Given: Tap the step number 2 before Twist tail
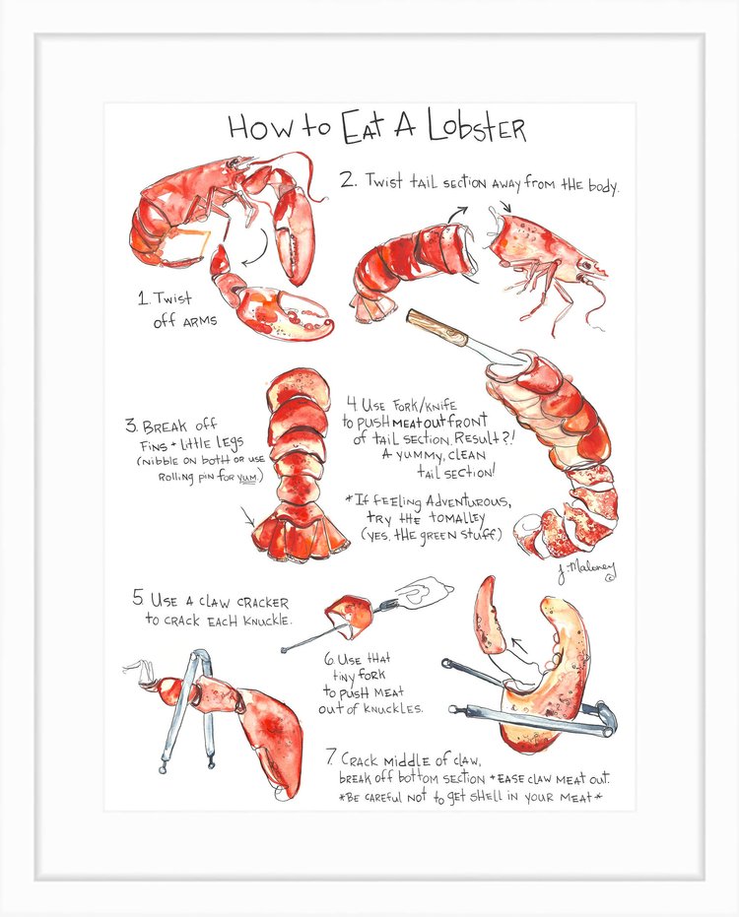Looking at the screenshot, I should [347, 180].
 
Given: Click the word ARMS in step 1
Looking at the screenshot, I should [202, 320].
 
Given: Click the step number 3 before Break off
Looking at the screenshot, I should [130, 426].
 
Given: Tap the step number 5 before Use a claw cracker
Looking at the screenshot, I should [138, 599].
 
